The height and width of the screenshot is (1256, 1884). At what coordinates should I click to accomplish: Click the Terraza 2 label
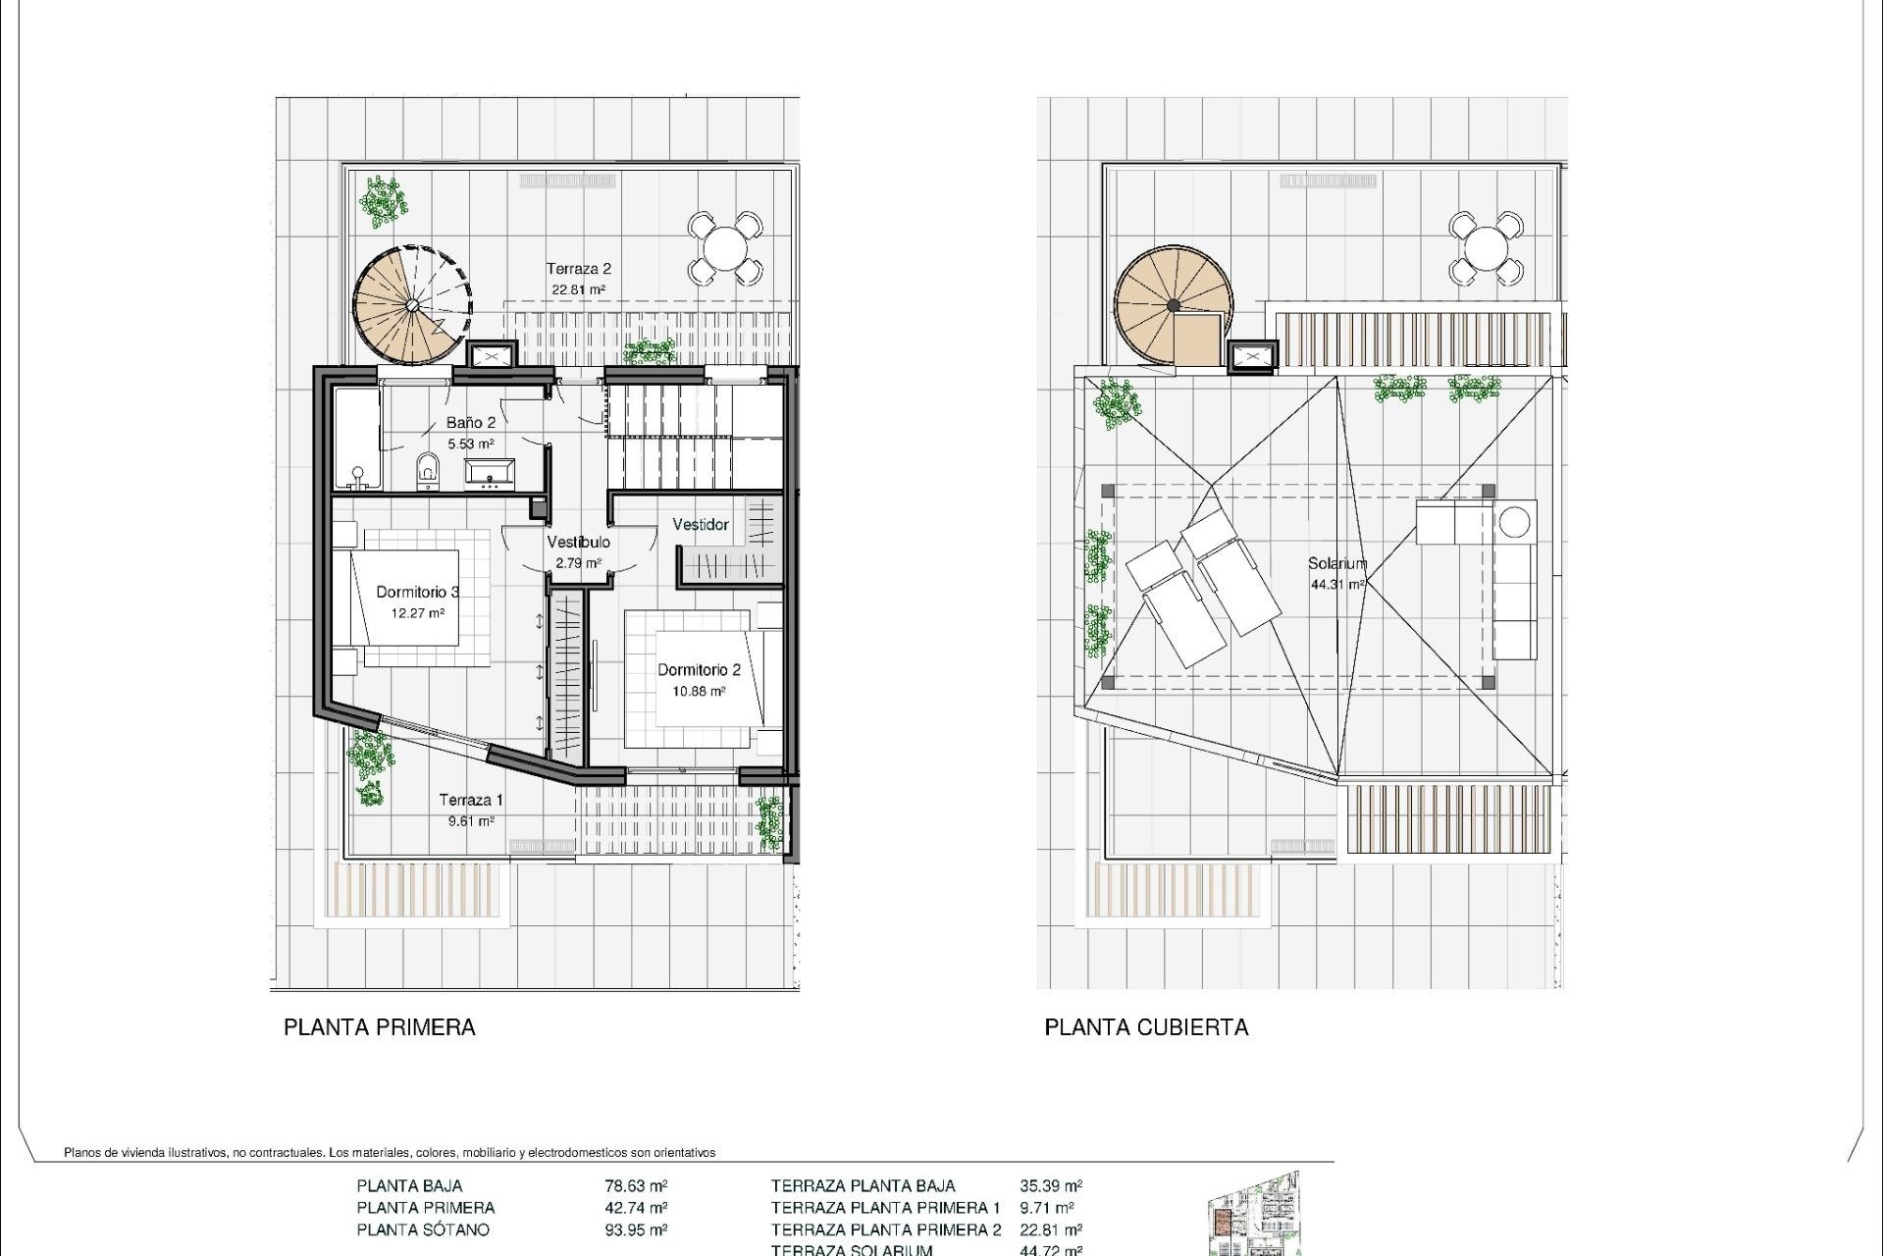pyautogui.click(x=579, y=269)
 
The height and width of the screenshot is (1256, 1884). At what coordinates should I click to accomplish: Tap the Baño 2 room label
pyautogui.click(x=471, y=422)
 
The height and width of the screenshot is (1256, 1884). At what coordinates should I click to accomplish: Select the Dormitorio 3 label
pyautogui.click(x=418, y=592)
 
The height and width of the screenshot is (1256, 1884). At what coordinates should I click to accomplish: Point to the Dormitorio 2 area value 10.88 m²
pyautogui.click(x=699, y=691)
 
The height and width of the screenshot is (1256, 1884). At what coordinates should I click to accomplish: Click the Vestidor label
pyautogui.click(x=701, y=525)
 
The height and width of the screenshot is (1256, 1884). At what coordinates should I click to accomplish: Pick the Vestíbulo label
pyautogui.click(x=578, y=542)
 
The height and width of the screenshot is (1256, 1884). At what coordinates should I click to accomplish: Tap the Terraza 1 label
pyautogui.click(x=471, y=800)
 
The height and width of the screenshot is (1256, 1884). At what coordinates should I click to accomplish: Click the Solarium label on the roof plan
pyautogui.click(x=1336, y=563)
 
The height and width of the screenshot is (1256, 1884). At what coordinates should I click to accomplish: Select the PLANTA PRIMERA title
pyautogui.click(x=380, y=1027)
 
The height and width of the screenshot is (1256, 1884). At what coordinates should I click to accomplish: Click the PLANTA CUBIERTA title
pyautogui.click(x=1146, y=1027)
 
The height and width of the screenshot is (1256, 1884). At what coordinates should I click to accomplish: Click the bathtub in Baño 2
pyautogui.click(x=356, y=438)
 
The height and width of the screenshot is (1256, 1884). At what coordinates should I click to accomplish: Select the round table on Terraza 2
pyautogui.click(x=725, y=248)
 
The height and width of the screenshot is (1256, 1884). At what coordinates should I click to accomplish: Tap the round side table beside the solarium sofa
pyautogui.click(x=1516, y=520)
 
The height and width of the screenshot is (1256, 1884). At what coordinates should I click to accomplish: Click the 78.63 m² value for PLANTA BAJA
pyautogui.click(x=636, y=1185)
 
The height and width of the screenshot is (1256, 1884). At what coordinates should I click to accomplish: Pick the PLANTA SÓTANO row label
pyautogui.click(x=423, y=1230)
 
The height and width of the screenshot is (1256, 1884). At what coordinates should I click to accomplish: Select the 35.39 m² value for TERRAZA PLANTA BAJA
pyautogui.click(x=1051, y=1185)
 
